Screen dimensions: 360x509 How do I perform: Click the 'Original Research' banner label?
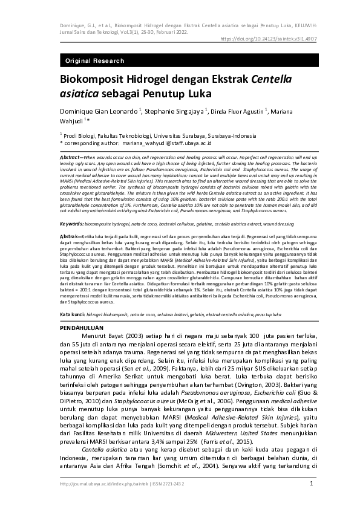click(x=94, y=61)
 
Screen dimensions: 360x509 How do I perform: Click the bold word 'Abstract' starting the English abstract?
click(x=71, y=157)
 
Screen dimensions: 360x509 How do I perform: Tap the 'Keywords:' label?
click(x=72, y=207)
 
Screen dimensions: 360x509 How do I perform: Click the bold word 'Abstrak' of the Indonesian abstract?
click(x=70, y=218)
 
